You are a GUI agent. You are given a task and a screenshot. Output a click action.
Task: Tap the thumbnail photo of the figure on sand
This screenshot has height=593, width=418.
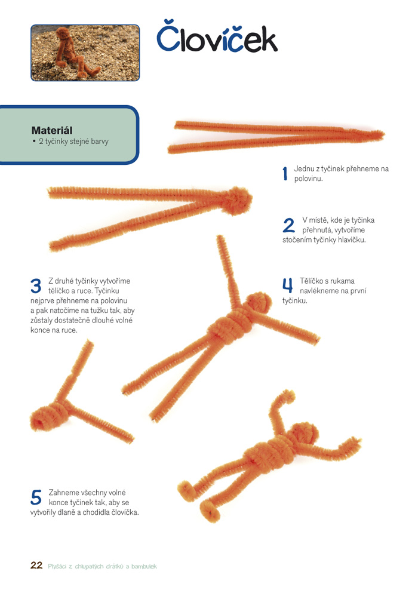pos(85,53)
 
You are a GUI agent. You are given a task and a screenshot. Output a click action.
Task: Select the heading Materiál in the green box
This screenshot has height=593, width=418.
pos(52,130)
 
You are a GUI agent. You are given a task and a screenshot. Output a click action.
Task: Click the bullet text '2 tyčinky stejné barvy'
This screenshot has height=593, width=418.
pos(73,142)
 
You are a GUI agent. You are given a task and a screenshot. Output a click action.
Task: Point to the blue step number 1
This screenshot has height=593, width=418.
pos(285,174)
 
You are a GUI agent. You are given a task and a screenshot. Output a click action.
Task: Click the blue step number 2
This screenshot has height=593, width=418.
pos(288,225)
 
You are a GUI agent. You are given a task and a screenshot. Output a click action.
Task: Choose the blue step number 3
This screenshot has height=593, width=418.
pos(36,286)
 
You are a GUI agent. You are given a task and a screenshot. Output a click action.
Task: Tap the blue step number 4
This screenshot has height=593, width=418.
pos(288,285)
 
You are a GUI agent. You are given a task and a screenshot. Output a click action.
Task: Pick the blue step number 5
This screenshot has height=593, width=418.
pos(36,497)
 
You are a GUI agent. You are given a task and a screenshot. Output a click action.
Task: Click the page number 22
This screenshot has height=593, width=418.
pos(36,565)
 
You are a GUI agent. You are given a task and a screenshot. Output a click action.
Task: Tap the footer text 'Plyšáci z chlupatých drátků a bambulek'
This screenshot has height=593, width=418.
pos(102,566)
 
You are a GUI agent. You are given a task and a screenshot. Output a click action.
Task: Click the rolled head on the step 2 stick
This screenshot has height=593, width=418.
pos(236,201)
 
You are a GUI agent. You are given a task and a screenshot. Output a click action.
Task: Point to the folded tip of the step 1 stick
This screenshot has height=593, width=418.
pos(382,134)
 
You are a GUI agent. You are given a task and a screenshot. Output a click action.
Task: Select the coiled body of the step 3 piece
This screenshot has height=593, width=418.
pos(48,416)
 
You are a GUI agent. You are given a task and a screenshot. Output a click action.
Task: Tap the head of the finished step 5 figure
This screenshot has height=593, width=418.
pos(304,434)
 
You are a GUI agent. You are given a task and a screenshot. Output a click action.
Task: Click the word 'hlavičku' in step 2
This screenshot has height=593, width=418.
pos(352,240)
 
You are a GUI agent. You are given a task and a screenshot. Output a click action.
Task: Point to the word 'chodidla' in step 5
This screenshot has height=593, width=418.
pos(97,512)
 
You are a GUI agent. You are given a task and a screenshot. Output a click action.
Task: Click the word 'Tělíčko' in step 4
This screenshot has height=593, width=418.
pos(311,281)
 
